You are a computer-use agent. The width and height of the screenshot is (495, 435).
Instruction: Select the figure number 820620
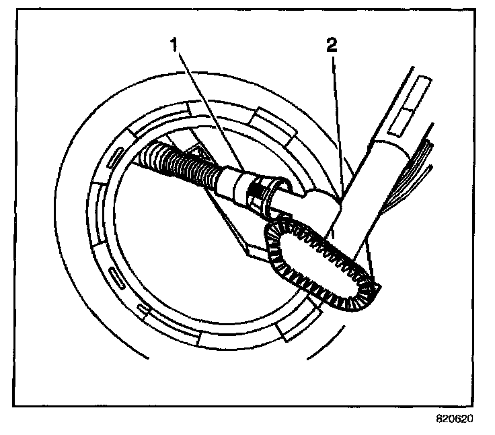pos(454,417)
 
